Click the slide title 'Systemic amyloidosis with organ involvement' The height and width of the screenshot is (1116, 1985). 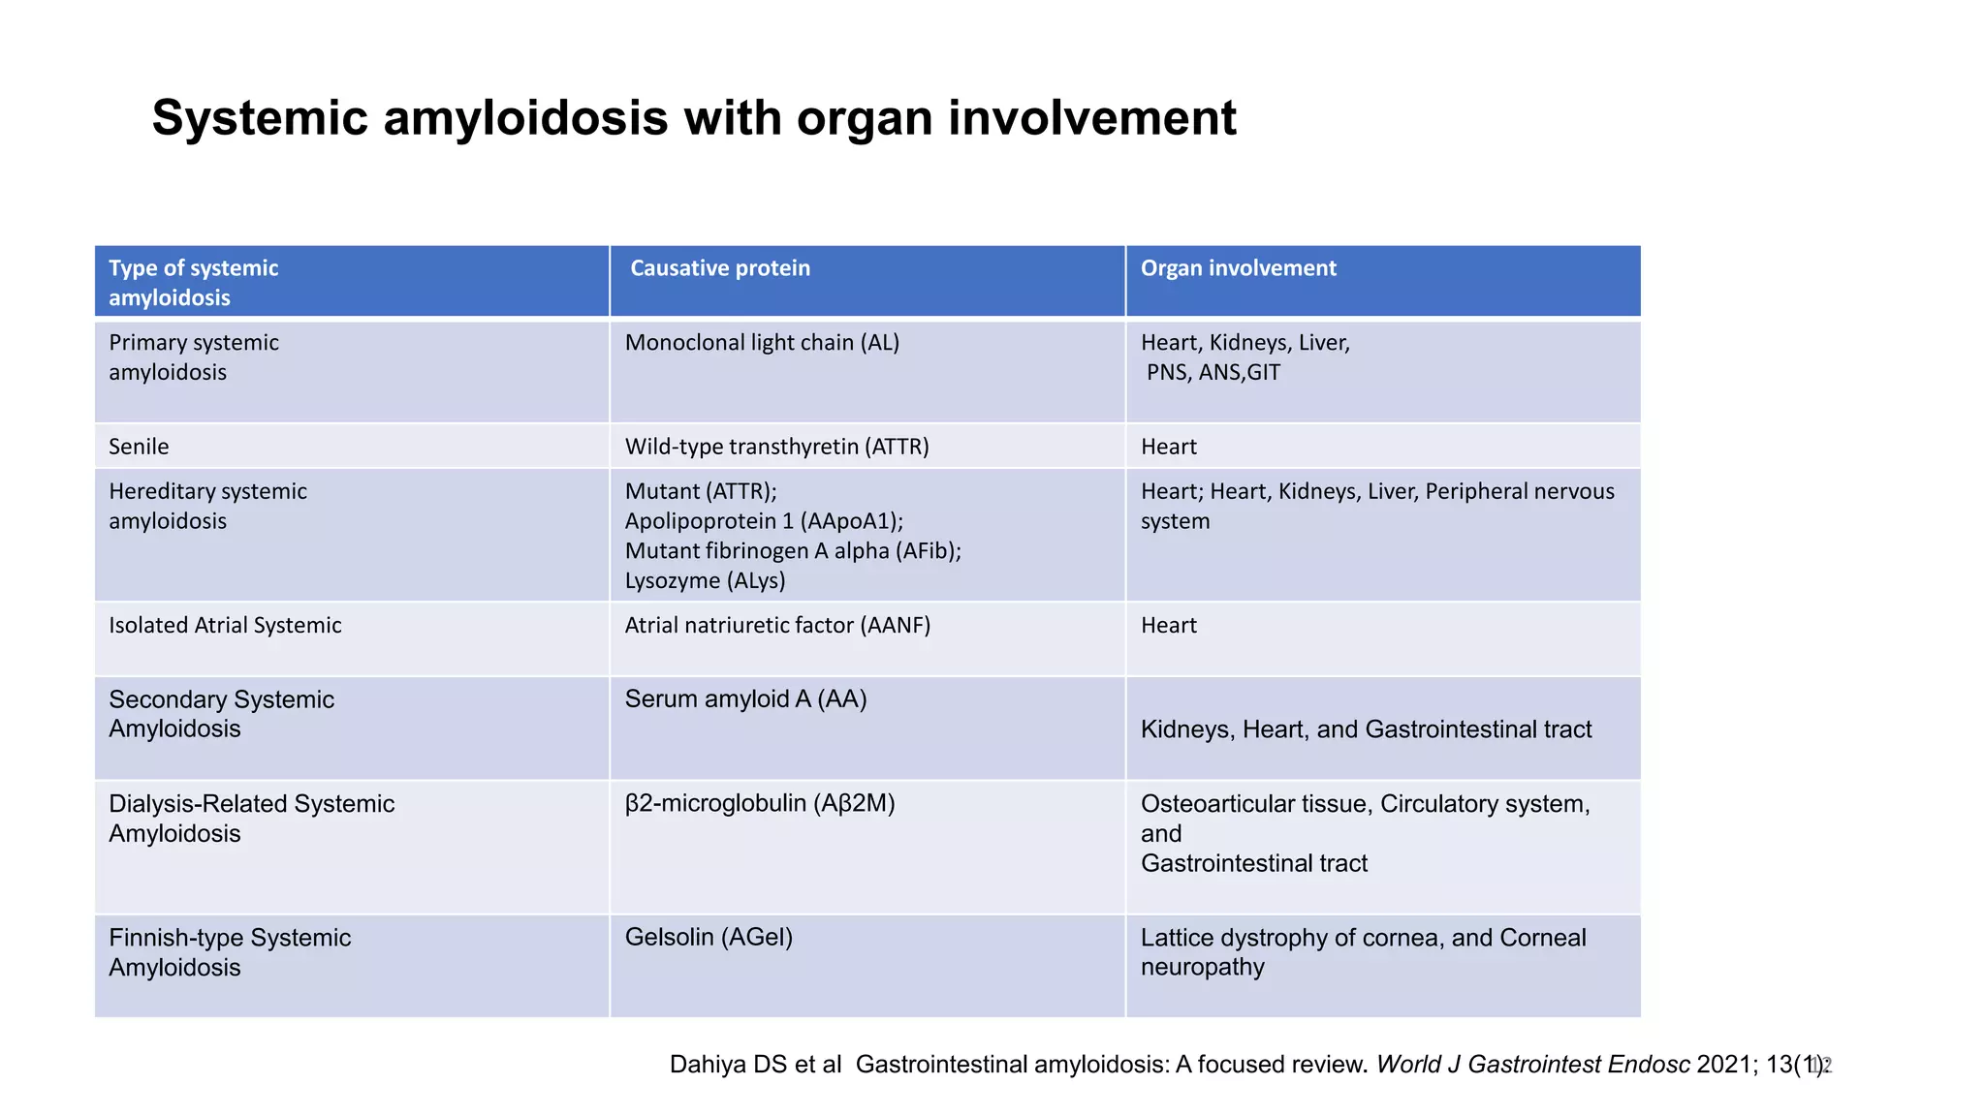pos(694,118)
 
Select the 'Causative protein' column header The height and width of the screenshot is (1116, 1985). pos(720,268)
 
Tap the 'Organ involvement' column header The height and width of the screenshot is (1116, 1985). pos(1238,268)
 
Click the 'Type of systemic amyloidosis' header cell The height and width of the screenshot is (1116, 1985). pos(194,282)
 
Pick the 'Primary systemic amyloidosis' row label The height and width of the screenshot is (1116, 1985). pos(194,356)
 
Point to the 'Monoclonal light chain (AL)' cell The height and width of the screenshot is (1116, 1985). pos(762,342)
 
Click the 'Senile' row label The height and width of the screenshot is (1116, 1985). pos(139,447)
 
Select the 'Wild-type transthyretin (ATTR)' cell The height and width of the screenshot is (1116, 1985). pos(776,447)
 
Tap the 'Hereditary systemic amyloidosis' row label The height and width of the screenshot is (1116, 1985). pos(207,506)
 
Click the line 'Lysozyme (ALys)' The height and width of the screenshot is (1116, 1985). pos(705,580)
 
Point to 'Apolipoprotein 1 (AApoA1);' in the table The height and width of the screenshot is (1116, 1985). pos(764,521)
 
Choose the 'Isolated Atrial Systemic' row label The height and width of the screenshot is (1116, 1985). pos(225,625)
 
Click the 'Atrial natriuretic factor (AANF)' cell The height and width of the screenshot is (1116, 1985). pos(777,625)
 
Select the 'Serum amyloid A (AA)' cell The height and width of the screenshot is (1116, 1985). pos(745,698)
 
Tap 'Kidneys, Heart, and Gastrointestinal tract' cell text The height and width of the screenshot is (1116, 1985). pos(1366,729)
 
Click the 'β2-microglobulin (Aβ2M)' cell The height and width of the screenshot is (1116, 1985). pos(760,803)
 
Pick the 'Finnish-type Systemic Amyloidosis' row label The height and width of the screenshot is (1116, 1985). pos(230,952)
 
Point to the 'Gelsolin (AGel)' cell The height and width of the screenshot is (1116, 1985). pos(709,937)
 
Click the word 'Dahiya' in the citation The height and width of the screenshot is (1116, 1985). pos(708,1065)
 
